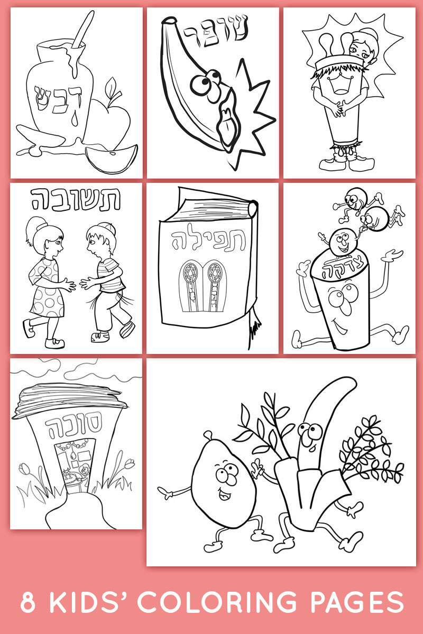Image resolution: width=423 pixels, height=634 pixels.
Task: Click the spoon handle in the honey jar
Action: [83, 29]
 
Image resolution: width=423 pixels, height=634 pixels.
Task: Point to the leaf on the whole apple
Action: [111, 87]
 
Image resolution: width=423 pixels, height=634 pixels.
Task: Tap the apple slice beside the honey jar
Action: [112, 159]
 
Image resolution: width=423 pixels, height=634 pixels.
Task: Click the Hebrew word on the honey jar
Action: [58, 99]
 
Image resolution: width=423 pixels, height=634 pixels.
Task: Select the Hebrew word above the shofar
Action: [216, 30]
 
